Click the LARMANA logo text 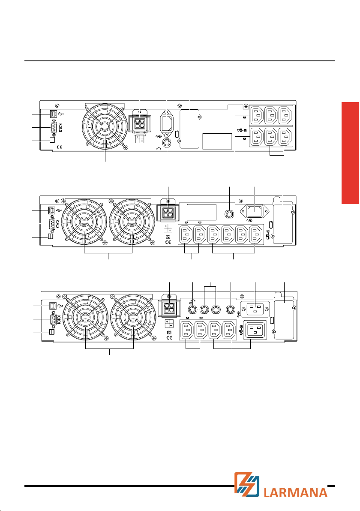click(x=295, y=492)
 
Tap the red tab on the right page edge click(x=351, y=153)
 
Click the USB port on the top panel click(x=53, y=114)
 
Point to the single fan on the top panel click(x=105, y=127)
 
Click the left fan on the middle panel click(x=84, y=222)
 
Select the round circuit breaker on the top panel click(x=167, y=143)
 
